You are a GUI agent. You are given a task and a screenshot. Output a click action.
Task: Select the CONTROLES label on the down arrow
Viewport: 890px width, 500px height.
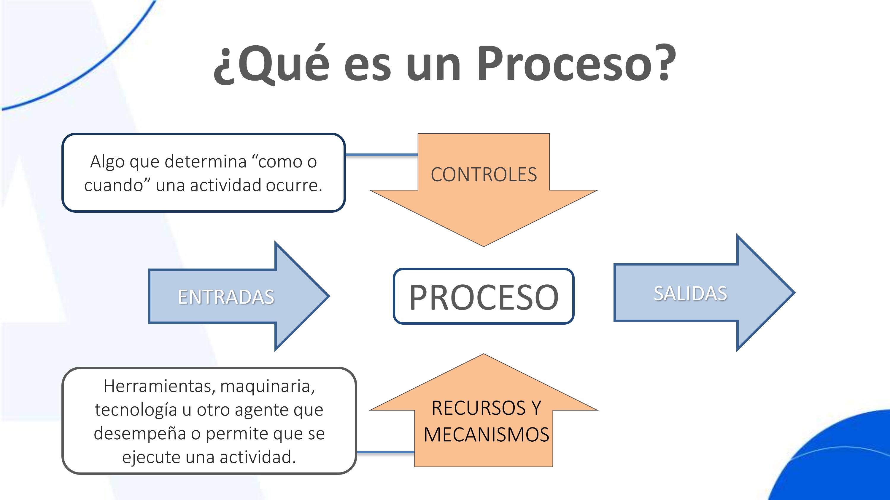point(484,174)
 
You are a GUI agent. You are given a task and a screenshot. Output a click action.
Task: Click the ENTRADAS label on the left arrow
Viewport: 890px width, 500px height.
point(226,297)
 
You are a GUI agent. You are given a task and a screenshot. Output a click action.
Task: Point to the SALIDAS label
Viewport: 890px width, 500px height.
point(690,294)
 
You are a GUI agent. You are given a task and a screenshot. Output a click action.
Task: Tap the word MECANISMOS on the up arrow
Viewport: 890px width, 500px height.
point(487,435)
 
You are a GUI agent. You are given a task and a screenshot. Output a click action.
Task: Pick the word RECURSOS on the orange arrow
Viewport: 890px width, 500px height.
point(479,408)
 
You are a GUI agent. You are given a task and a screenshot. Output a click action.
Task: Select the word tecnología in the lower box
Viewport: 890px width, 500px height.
point(136,410)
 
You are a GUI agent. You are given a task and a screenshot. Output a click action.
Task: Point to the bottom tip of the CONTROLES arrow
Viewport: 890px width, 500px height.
point(484,245)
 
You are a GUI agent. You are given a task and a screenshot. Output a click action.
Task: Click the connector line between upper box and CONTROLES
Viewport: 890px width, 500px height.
point(382,155)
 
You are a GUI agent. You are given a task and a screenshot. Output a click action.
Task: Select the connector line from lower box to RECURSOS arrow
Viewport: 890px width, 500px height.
point(385,452)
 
